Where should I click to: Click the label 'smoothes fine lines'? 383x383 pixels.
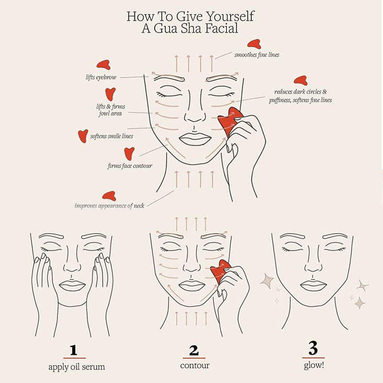257,55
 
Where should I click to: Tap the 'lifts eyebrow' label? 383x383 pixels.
100,77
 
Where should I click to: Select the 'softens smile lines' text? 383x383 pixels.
112,136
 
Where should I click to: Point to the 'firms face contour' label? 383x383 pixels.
129,166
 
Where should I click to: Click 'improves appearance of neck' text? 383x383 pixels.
110,206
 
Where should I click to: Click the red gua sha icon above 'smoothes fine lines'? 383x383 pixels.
254,44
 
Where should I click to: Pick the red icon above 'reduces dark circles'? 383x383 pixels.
300,80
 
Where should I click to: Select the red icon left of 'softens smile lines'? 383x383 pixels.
83,135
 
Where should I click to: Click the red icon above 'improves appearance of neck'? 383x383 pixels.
109,195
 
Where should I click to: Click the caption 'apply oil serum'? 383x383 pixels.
77,367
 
